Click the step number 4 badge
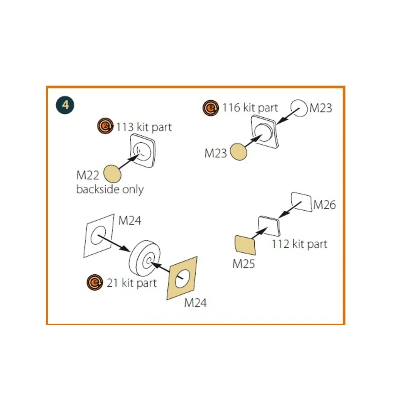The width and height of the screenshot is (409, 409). [x=65, y=105]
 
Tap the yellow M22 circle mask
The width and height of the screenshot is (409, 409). [x=112, y=173]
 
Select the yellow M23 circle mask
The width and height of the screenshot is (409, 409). [x=239, y=151]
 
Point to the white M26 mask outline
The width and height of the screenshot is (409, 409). [x=302, y=202]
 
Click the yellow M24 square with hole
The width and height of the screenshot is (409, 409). [x=182, y=278]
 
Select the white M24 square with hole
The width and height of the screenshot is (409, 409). [x=99, y=236]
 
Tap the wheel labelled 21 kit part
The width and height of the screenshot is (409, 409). [x=145, y=260]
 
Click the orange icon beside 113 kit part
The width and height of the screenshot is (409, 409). [x=105, y=126]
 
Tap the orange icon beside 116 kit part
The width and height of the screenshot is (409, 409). [x=211, y=108]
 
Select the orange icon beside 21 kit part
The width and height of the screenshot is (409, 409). [x=94, y=282]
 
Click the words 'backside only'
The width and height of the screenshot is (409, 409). [x=110, y=190]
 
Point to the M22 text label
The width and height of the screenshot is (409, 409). [x=88, y=175]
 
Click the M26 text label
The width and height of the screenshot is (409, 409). [x=324, y=205]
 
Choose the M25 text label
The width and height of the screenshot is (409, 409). [x=243, y=264]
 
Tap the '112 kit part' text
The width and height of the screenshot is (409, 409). [x=299, y=244]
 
